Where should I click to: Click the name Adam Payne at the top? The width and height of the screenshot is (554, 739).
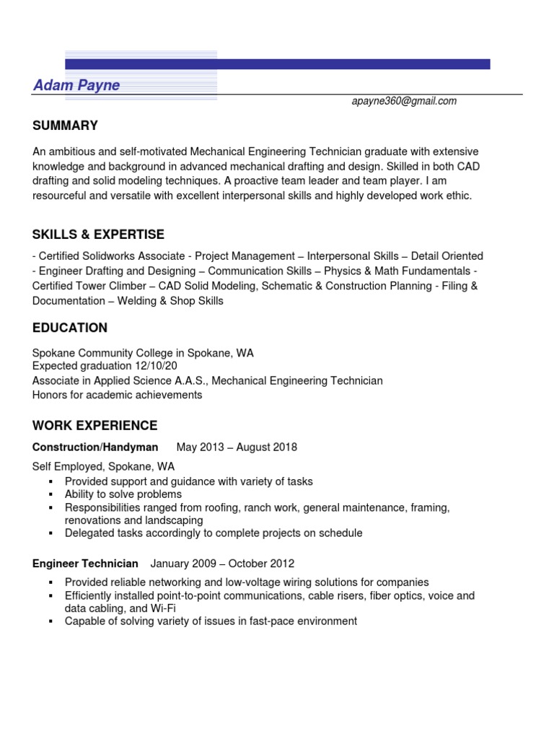pyautogui.click(x=76, y=86)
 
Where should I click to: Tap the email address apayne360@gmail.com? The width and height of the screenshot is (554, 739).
pyautogui.click(x=404, y=102)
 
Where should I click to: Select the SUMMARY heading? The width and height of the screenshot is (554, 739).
pyautogui.click(x=65, y=126)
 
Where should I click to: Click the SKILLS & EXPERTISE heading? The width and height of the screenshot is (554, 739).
pyautogui.click(x=98, y=235)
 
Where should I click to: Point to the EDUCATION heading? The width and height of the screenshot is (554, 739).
pyautogui.click(x=70, y=328)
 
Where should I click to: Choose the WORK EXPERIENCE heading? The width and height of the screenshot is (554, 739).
pyautogui.click(x=94, y=426)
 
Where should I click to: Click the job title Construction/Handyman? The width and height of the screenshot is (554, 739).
pyautogui.click(x=95, y=447)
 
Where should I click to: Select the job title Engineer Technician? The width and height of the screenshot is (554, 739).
pyautogui.click(x=85, y=564)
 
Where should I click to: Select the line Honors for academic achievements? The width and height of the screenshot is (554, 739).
pyautogui.click(x=118, y=395)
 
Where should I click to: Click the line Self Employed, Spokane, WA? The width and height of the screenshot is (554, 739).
pyautogui.click(x=103, y=467)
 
